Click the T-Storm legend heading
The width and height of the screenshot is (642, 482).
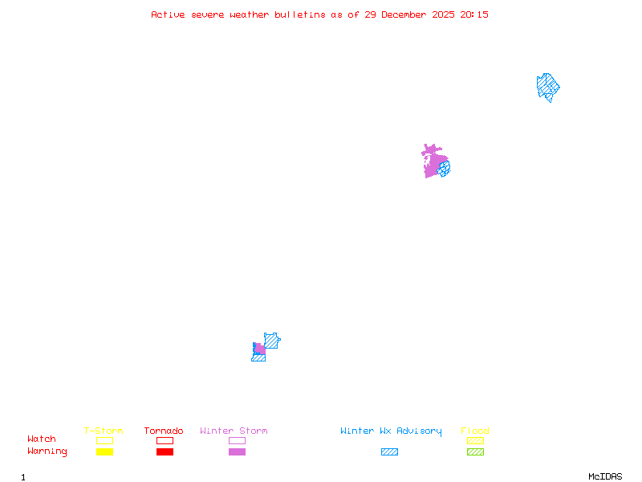(104, 431)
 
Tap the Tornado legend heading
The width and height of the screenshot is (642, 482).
(164, 431)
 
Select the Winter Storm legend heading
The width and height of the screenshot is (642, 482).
(234, 431)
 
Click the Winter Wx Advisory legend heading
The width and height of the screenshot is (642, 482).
(391, 431)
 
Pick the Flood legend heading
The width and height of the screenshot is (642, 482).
(475, 431)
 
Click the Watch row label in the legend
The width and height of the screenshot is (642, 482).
(42, 439)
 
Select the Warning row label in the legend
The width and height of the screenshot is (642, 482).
(47, 451)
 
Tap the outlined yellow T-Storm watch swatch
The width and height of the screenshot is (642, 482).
(104, 440)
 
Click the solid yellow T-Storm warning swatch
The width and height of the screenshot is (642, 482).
(104, 451)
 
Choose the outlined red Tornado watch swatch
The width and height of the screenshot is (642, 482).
(165, 440)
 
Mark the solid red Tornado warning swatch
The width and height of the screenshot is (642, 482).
(165, 451)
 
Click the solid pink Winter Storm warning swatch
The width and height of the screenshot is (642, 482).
(237, 451)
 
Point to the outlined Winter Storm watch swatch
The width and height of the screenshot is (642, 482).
(237, 440)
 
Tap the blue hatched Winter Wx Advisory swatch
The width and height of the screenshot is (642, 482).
(389, 451)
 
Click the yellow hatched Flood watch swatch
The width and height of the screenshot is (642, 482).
(475, 440)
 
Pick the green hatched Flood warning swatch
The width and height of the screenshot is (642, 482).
(475, 451)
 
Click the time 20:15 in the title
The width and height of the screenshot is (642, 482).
(475, 14)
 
